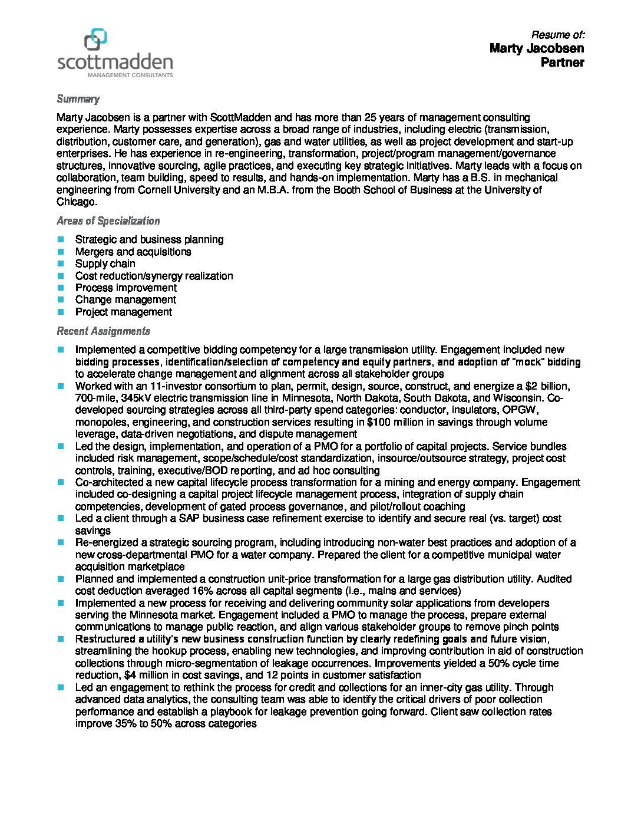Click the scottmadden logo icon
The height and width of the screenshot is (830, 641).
[95, 40]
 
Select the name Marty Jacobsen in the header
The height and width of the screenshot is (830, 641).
[536, 48]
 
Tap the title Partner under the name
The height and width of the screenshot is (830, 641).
[562, 62]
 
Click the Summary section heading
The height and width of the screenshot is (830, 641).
[78, 99]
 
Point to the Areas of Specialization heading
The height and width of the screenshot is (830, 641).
[108, 221]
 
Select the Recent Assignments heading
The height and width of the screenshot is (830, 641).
[103, 331]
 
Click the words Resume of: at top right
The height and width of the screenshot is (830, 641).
[557, 34]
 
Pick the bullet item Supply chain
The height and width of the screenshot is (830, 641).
[105, 264]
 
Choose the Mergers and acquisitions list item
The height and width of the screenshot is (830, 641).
[133, 252]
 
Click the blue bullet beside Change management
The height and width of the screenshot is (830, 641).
[61, 299]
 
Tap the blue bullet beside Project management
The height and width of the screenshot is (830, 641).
[61, 312]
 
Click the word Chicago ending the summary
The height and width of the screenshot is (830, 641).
[75, 202]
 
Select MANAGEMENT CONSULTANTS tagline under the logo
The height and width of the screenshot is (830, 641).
[130, 75]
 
